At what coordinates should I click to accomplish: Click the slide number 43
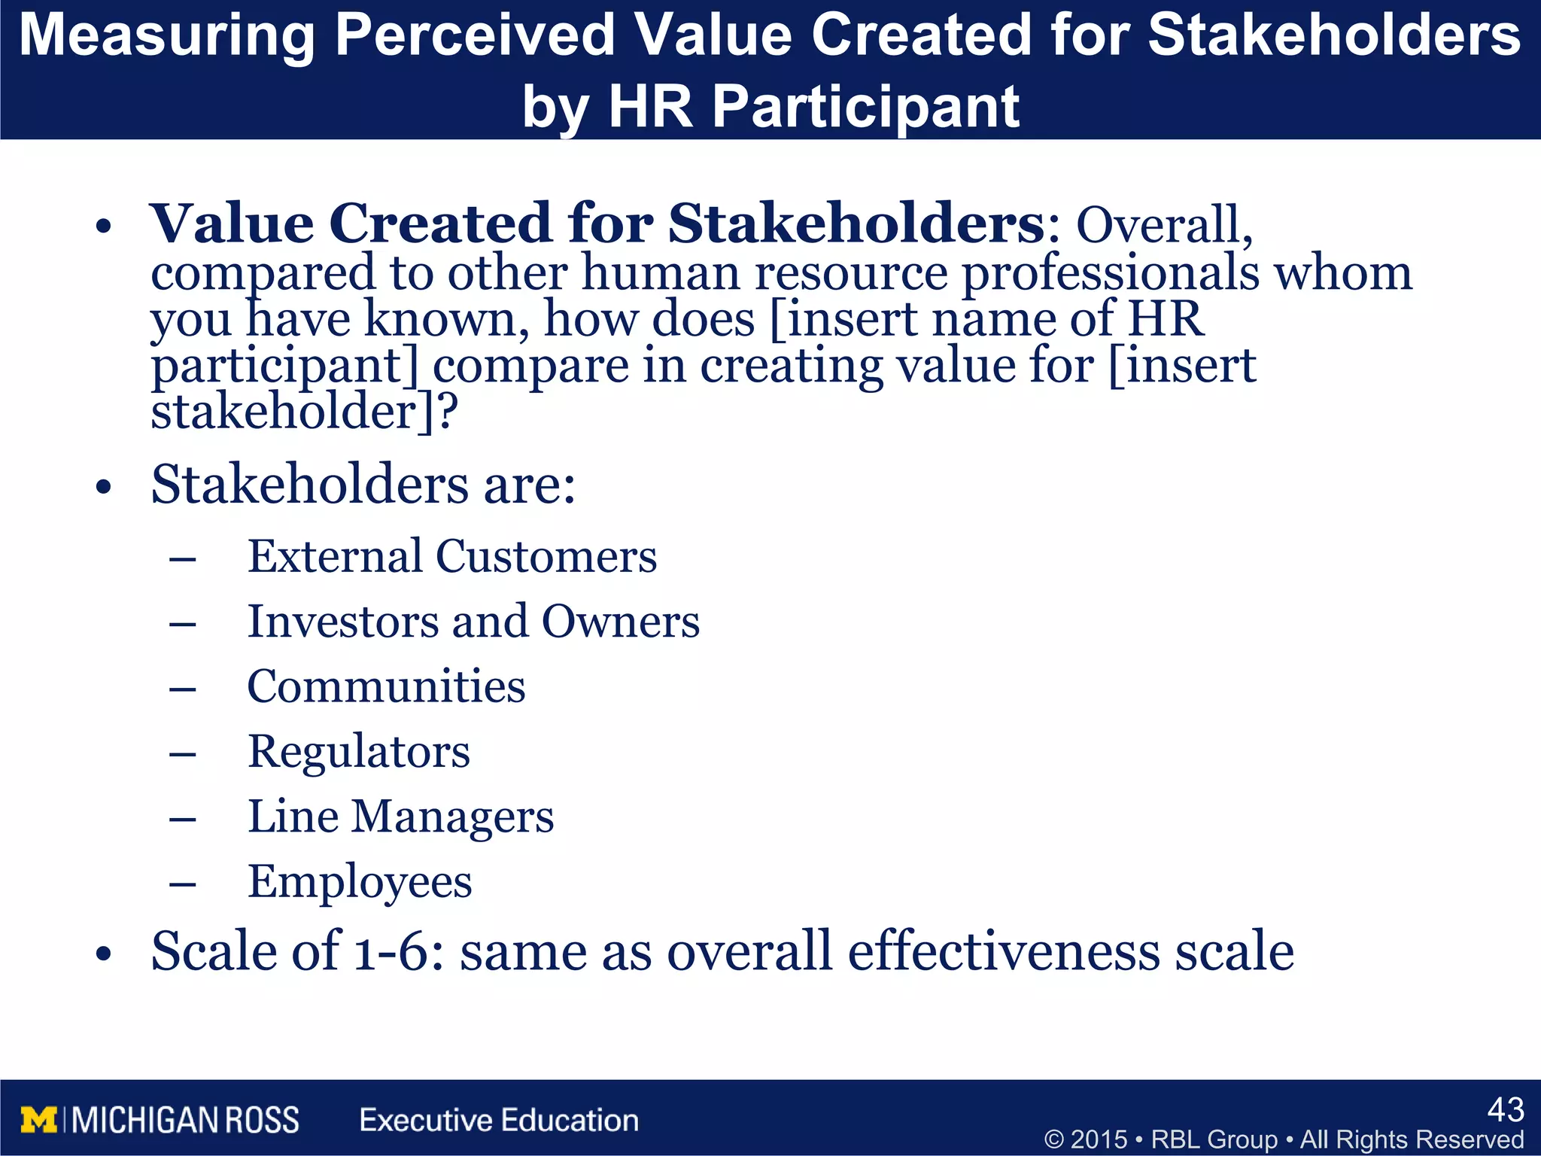point(1506,1110)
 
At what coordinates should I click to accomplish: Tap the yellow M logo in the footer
point(38,1121)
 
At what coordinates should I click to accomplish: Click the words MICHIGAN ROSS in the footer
point(186,1121)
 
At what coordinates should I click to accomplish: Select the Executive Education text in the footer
point(499,1121)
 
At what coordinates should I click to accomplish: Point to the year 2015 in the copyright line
point(1099,1139)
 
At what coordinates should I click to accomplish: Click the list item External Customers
point(451,557)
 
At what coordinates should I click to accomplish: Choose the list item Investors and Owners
point(473,622)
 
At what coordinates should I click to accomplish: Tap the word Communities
point(386,687)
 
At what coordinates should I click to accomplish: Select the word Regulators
point(359,752)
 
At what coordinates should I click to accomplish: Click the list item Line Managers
point(400,817)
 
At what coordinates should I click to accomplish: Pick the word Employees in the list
point(360,882)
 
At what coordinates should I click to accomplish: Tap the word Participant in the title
point(865,107)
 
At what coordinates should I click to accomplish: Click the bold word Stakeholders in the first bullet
point(856,224)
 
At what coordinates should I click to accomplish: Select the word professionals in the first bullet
point(1111,272)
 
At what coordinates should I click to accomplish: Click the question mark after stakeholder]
point(448,412)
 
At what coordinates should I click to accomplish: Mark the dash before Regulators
point(183,753)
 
